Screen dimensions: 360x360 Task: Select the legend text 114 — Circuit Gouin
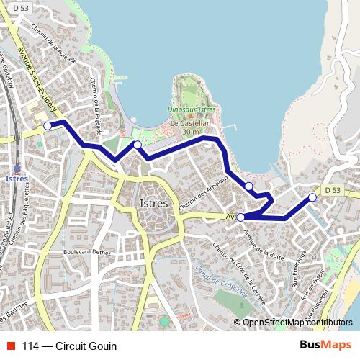69,346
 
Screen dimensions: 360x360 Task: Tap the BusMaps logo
325,346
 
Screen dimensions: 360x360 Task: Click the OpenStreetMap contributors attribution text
297,323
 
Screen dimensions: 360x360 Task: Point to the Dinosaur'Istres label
191,109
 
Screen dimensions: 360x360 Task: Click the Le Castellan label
189,123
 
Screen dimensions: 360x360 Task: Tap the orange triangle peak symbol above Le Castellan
191,116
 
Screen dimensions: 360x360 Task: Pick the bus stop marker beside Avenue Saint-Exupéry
48,125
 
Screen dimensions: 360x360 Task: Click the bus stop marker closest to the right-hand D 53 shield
312,197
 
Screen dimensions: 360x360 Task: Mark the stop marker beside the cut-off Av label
240,217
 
